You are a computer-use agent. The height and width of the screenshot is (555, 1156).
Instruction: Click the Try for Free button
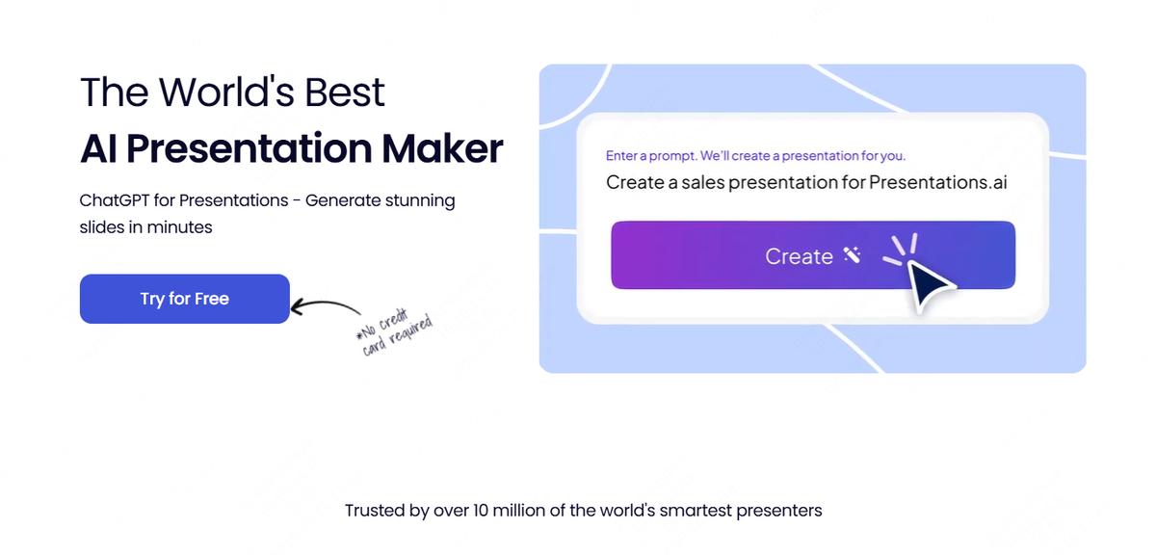tap(185, 299)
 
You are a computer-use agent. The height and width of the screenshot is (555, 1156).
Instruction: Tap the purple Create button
tap(813, 255)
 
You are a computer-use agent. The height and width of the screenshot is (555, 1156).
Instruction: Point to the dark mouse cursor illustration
tap(932, 285)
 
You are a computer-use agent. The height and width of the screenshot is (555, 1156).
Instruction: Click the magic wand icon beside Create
tap(852, 254)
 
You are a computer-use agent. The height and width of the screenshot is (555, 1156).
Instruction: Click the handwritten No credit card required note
tap(395, 332)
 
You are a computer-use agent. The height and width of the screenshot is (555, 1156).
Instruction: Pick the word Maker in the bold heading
tap(442, 148)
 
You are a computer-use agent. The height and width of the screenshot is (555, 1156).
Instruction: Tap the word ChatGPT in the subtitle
tap(115, 200)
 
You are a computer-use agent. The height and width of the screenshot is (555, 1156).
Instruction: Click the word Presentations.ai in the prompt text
tap(937, 182)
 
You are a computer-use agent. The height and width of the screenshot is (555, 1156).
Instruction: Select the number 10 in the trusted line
tap(480, 511)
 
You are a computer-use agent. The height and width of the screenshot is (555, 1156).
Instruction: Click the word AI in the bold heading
tap(98, 148)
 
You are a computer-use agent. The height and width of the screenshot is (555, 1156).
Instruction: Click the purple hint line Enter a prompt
tap(755, 156)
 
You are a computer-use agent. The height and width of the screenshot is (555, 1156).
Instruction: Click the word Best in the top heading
tap(345, 92)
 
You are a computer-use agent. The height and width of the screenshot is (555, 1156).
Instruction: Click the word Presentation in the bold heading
tap(250, 148)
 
